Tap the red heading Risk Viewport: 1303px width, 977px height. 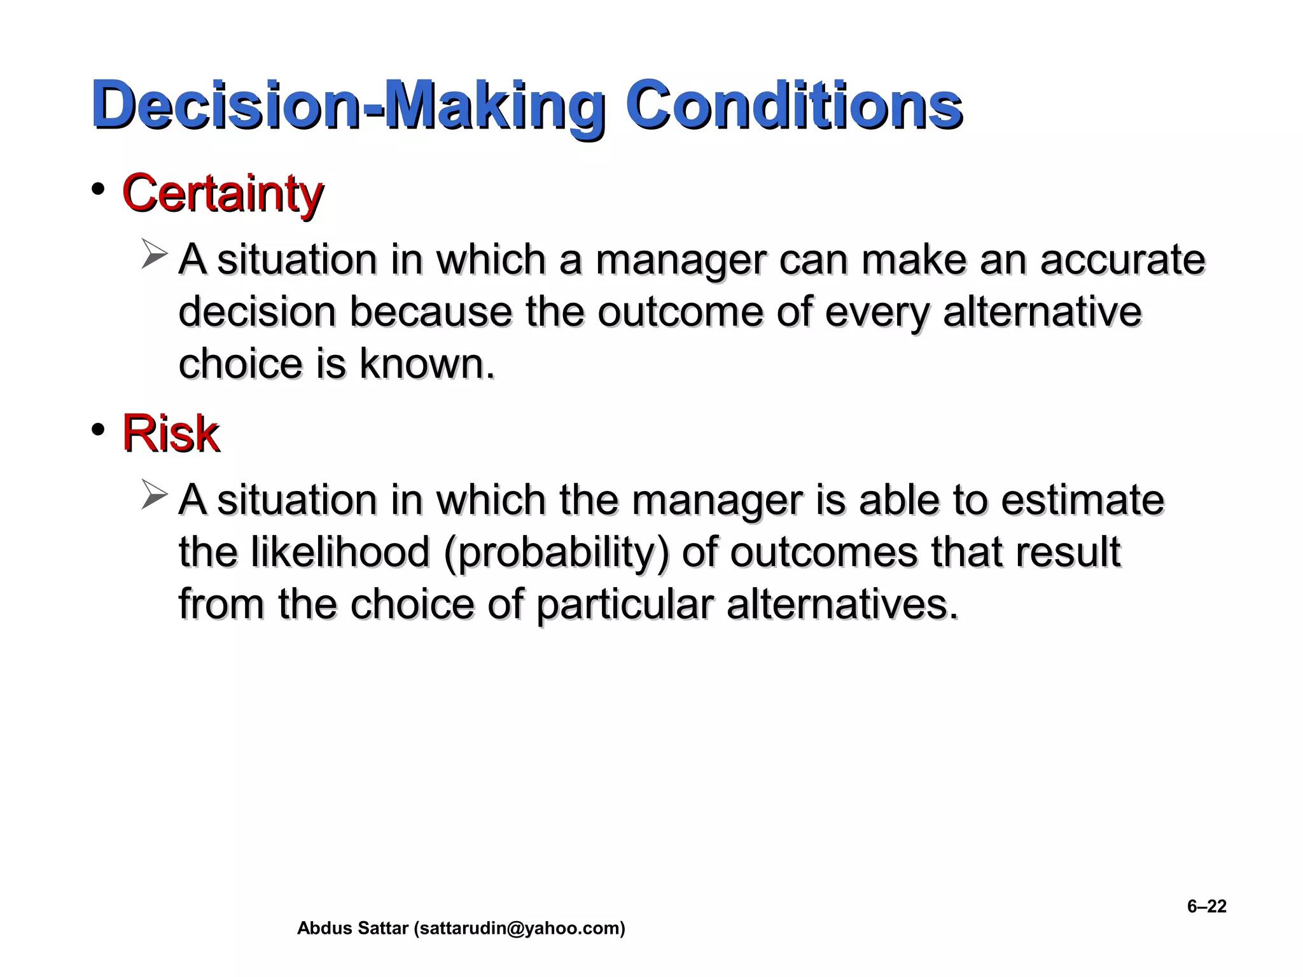point(171,433)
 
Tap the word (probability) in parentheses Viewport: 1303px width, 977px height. point(557,551)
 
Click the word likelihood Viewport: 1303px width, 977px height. point(340,551)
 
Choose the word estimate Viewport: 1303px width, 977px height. point(1082,500)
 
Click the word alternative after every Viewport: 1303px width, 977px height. point(1042,312)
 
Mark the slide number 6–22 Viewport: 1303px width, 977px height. point(1206,906)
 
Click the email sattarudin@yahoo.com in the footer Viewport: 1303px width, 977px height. point(519,929)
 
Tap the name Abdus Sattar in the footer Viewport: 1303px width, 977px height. point(352,929)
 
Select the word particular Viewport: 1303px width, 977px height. point(624,604)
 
